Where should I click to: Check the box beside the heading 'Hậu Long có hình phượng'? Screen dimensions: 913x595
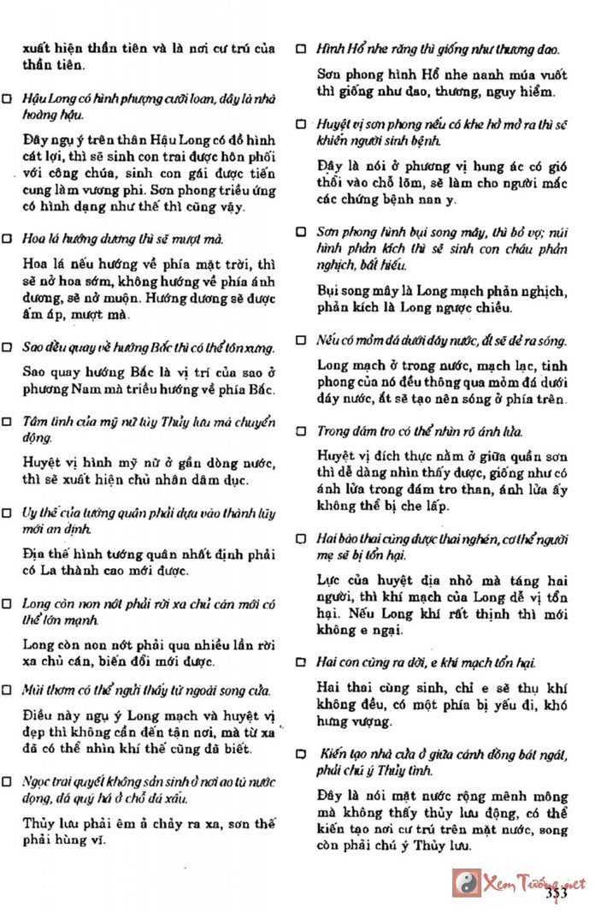coord(8,99)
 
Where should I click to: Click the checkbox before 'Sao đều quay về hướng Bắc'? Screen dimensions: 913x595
coord(8,349)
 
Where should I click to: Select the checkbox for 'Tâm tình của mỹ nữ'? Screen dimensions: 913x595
coord(8,422)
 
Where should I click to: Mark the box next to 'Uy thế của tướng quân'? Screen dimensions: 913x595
coord(8,513)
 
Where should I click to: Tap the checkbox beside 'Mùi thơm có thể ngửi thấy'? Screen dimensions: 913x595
coord(8,690)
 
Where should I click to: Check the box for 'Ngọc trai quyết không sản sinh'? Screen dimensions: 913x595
coord(8,781)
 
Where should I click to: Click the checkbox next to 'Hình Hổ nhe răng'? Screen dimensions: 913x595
coord(301,50)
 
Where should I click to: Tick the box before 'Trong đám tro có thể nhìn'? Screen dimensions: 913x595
coord(301,431)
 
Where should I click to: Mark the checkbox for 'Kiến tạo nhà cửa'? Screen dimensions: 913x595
coord(301,754)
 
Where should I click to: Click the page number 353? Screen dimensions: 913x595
coord(557,893)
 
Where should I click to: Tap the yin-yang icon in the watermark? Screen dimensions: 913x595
coord(467,881)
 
